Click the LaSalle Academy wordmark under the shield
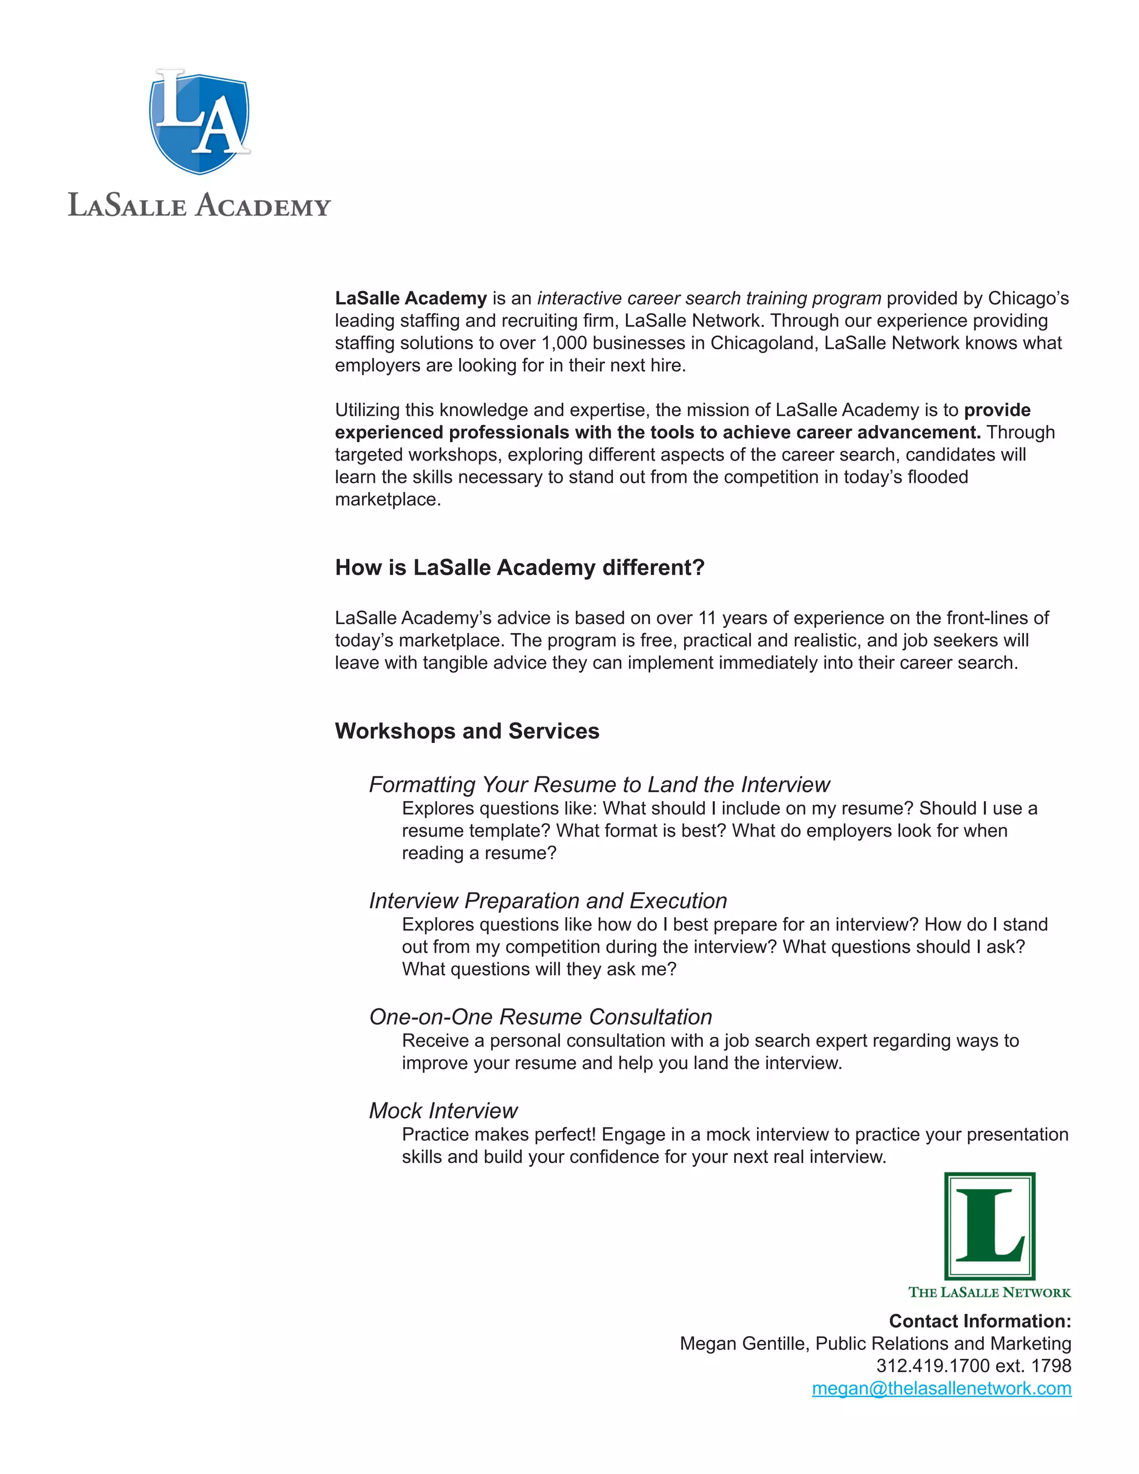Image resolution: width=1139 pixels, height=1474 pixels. coord(199,205)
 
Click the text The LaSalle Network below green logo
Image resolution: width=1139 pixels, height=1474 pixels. coord(989,1293)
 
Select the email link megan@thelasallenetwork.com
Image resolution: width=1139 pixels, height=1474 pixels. coord(942,1388)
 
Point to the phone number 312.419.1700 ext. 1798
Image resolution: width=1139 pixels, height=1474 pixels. coord(973,1366)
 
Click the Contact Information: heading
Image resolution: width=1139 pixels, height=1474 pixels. coord(980,1322)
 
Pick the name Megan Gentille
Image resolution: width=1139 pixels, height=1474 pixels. coord(742,1344)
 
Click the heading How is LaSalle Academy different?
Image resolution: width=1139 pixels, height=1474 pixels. coord(519,567)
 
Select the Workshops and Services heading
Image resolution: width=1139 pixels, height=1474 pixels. coord(467,731)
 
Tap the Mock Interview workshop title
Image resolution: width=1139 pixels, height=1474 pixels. coord(443,1111)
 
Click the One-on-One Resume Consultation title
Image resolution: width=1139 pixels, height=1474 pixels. coord(541,1017)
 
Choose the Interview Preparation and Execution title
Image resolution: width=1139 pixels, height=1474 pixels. coord(548,901)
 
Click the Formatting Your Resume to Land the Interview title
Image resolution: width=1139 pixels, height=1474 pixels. coord(599,785)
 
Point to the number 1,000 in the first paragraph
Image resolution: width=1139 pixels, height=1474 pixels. coord(564,344)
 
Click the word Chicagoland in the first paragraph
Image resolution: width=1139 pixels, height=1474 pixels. coord(761,344)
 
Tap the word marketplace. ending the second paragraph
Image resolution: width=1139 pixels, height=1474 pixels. coord(388,500)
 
